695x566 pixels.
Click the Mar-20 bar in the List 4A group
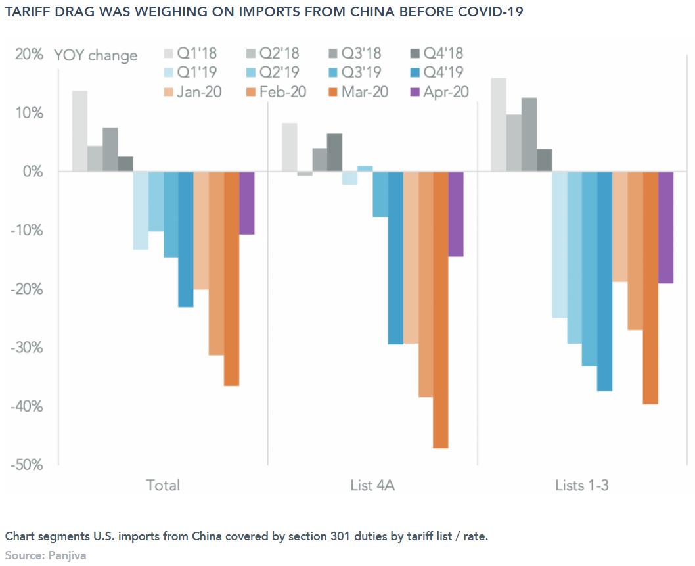pyautogui.click(x=440, y=310)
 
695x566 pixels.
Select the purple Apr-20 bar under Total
pyautogui.click(x=246, y=203)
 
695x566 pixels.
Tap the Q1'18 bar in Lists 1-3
pyautogui.click(x=499, y=125)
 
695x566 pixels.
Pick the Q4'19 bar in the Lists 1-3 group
pyautogui.click(x=604, y=281)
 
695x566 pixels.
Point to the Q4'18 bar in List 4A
pyautogui.click(x=334, y=153)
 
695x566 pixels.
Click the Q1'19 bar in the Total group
pyautogui.click(x=141, y=210)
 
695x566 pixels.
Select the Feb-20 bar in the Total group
pyautogui.click(x=216, y=263)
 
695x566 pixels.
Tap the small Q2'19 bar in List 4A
pyautogui.click(x=365, y=168)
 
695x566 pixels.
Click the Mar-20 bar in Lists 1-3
pyautogui.click(x=650, y=287)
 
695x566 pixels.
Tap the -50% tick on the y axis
pyautogui.click(x=26, y=465)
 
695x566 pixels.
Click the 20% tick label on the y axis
pyautogui.click(x=30, y=55)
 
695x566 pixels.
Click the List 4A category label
pyautogui.click(x=372, y=486)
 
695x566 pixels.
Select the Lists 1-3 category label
pyautogui.click(x=581, y=486)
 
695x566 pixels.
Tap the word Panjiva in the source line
pyautogui.click(x=67, y=555)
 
